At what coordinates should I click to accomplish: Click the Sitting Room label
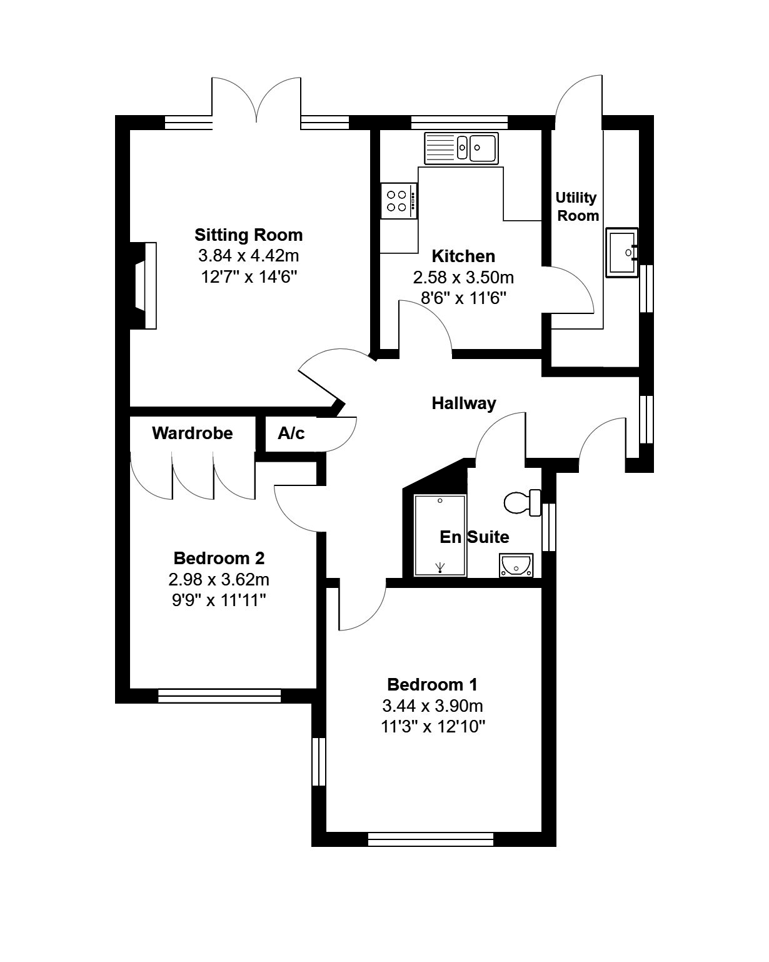(248, 235)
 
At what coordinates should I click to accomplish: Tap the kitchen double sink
(461, 148)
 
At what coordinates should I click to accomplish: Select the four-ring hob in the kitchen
(399, 201)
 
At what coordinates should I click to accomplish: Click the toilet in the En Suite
(522, 503)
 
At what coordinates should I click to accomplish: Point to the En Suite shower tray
(440, 535)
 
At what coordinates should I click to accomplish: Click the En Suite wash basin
(516, 565)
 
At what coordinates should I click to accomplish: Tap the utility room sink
(621, 253)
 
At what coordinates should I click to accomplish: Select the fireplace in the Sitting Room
(143, 286)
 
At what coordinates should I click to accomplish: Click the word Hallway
(464, 403)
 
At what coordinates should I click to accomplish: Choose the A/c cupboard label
(291, 433)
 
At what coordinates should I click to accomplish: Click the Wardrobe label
(192, 433)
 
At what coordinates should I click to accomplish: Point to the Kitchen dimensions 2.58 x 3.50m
(463, 278)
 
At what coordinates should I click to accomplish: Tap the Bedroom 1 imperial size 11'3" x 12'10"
(433, 726)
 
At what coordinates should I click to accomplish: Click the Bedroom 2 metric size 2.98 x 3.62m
(219, 579)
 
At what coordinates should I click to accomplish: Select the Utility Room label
(577, 206)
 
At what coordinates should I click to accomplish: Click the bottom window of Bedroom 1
(431, 839)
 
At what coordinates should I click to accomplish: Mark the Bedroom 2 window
(219, 696)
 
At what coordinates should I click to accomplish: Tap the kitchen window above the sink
(460, 123)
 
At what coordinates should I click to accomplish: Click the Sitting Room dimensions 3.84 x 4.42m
(248, 256)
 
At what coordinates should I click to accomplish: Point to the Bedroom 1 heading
(432, 684)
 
